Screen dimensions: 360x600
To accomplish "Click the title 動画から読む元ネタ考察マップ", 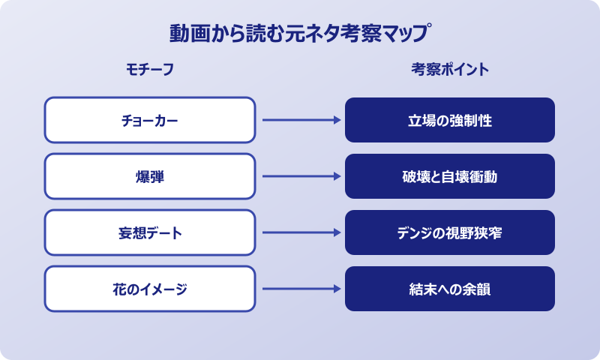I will tap(300, 34).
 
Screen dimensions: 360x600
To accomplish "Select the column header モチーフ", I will tap(150, 70).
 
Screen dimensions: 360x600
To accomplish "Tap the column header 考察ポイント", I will tap(450, 70).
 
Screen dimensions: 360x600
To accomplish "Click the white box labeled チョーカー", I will tap(150, 120).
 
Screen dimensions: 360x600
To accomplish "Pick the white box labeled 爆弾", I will tap(150, 176).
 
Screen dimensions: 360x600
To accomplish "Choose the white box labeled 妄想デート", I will tap(150, 232).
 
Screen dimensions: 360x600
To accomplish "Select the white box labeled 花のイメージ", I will tap(150, 289).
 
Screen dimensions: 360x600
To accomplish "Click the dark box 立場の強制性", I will tap(450, 120).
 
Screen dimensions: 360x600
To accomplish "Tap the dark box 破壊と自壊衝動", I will tap(450, 176).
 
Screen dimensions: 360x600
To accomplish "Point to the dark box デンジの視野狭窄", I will tap(450, 232).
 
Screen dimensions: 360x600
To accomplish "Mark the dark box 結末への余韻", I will tap(450, 289).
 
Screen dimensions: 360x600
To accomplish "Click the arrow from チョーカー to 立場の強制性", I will tap(300, 120).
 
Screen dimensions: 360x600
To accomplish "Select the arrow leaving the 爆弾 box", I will tap(300, 176).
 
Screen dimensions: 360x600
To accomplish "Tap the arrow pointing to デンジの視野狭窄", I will tap(300, 232).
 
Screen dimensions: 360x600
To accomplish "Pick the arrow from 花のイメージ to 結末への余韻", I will tap(300, 289).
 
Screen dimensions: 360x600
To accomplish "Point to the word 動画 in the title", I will tap(187, 34).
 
